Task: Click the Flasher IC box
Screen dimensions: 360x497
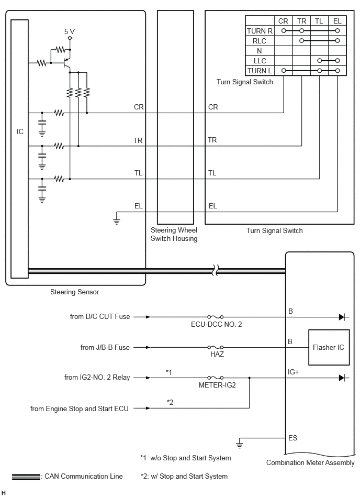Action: [329, 347]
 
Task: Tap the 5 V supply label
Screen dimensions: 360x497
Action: [70, 31]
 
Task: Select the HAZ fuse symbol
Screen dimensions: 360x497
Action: [215, 347]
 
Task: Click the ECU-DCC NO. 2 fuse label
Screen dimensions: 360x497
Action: [216, 324]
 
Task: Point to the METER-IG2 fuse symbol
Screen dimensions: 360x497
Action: [215, 378]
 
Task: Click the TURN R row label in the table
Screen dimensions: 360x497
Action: [260, 31]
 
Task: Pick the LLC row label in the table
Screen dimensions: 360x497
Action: [260, 61]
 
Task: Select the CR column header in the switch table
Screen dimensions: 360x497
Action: [283, 21]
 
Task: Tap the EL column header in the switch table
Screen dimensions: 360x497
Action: [337, 21]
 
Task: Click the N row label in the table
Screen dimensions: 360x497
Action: [260, 51]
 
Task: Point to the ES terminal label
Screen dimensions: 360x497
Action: [292, 438]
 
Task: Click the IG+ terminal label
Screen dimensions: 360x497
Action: [293, 372]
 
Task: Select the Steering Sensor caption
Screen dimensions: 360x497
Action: [74, 292]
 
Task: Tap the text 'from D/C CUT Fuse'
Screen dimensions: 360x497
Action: [100, 316]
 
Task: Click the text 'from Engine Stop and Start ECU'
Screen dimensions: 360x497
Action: [79, 408]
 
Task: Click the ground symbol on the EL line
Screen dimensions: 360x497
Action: [117, 222]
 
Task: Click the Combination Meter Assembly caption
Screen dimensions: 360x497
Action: [310, 462]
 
